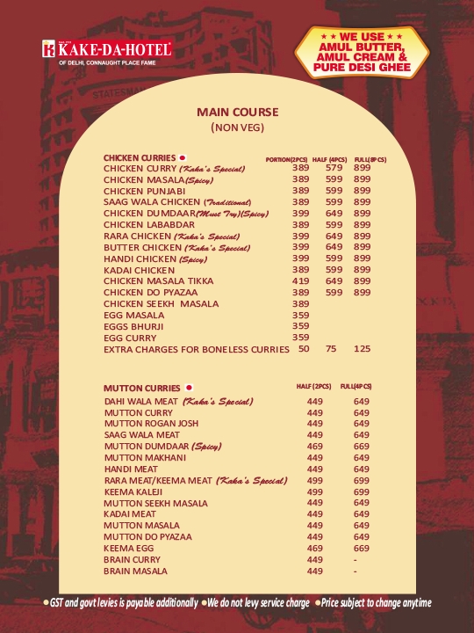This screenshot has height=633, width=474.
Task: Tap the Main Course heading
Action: (237, 112)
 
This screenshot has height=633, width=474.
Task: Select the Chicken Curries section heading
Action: (140, 158)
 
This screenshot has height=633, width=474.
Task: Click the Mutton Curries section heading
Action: (142, 388)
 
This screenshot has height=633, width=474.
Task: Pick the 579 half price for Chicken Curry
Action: (334, 168)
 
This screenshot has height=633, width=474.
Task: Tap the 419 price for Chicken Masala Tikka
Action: (301, 280)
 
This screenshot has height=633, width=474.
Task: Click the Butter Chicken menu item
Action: (176, 247)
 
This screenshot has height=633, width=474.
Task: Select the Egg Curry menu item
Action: (131, 337)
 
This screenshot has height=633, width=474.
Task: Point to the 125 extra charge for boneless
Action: (362, 349)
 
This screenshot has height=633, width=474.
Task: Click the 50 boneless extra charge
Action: (304, 349)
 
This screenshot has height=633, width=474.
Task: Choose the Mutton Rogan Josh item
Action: (151, 423)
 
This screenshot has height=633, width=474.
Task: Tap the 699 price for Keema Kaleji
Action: (362, 491)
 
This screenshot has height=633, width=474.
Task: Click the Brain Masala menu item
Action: (135, 571)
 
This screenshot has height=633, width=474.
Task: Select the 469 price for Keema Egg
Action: (315, 548)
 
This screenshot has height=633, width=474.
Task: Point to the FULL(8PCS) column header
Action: (370, 159)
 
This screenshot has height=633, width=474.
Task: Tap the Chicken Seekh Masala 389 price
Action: (301, 303)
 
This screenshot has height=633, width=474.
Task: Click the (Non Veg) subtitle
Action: (237, 127)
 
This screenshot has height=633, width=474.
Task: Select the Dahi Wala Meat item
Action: (178, 402)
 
